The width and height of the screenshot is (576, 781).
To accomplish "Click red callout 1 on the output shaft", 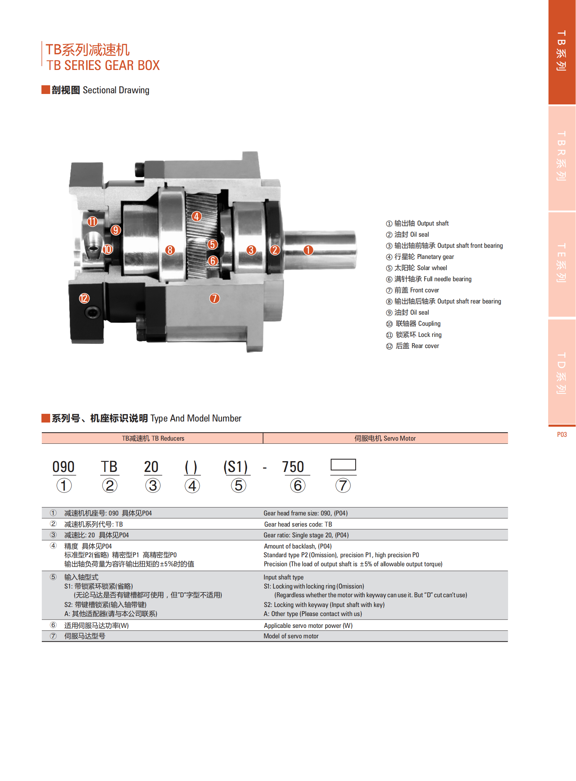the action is pyautogui.click(x=308, y=250).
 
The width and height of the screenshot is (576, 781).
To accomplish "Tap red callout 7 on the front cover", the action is pyautogui.click(x=215, y=298).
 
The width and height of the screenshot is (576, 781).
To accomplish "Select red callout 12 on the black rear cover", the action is pyautogui.click(x=84, y=298).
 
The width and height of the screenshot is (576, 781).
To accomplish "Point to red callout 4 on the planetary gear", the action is pyautogui.click(x=196, y=216).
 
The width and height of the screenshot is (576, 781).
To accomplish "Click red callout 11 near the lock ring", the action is pyautogui.click(x=92, y=222).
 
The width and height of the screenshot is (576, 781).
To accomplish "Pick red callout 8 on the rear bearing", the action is pyautogui.click(x=170, y=250).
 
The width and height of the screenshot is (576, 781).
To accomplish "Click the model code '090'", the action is pyautogui.click(x=63, y=467).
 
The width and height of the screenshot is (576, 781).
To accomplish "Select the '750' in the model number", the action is pyautogui.click(x=293, y=467).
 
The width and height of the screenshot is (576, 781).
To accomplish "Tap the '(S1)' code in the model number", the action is pyautogui.click(x=235, y=467).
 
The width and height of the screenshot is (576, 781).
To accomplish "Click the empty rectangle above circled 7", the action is pyautogui.click(x=343, y=465).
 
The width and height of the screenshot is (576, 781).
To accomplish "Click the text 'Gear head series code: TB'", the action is pyautogui.click(x=298, y=524).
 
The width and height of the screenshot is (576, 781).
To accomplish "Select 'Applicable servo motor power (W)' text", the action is pyautogui.click(x=308, y=625).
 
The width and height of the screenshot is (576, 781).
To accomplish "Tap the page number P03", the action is pyautogui.click(x=562, y=434).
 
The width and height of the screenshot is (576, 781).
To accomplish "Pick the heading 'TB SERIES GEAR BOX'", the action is pyautogui.click(x=103, y=65).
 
